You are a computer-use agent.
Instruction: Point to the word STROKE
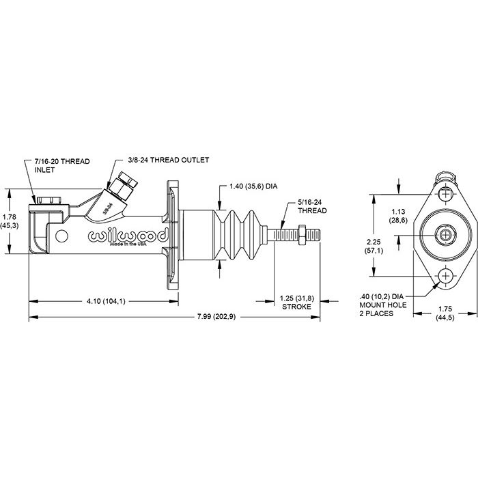[x=296, y=307]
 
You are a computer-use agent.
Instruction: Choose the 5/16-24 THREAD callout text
[x=311, y=207]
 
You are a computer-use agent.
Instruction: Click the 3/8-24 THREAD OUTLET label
[x=167, y=159]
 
